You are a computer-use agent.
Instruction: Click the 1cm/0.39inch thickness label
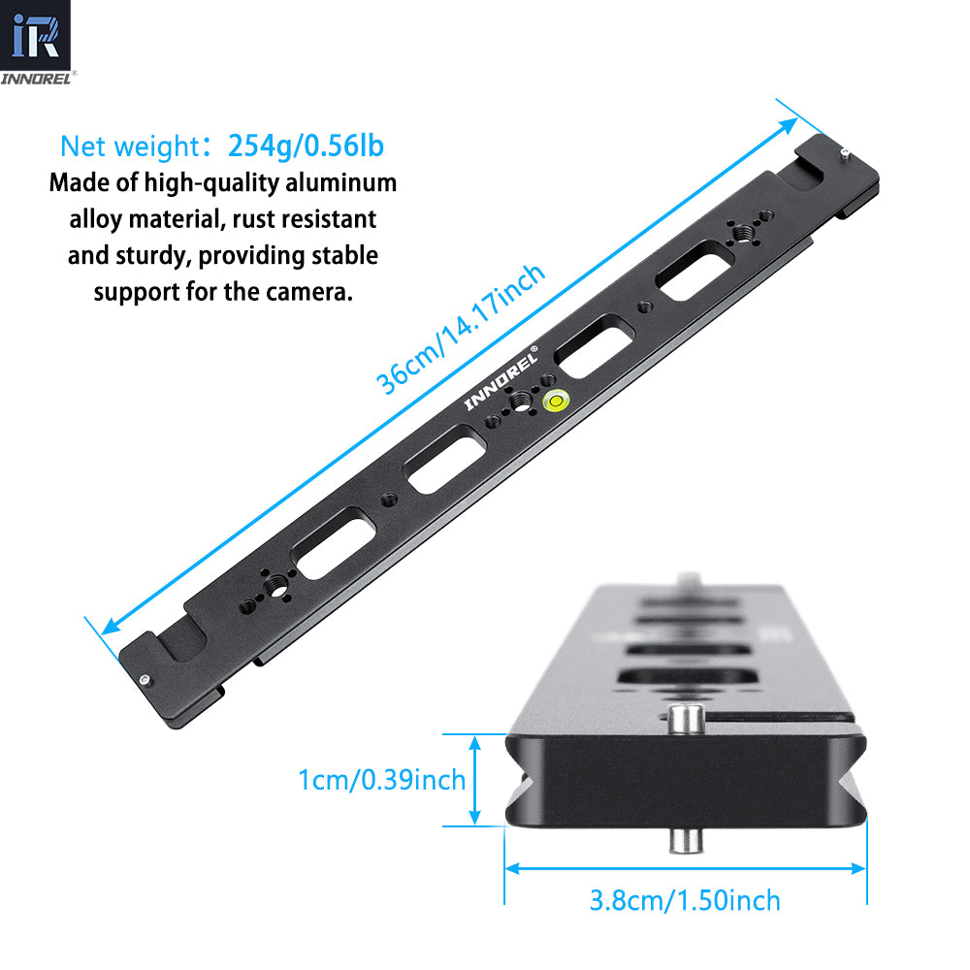pos(382,780)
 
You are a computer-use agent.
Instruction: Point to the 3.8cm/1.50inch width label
pos(685,900)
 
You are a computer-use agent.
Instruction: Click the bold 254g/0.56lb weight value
pos(307,146)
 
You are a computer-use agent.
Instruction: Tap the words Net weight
pos(129,147)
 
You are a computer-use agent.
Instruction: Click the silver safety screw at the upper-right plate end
pos(847,151)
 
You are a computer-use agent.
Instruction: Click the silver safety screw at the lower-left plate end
pos(145,680)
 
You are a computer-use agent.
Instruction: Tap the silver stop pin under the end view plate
pos(685,840)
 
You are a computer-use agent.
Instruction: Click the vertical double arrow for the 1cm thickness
pos(475,780)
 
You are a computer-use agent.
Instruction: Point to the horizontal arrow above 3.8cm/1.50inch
pos(685,869)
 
